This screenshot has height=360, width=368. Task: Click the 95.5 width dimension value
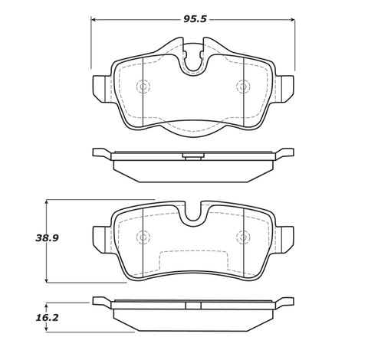click(195, 19)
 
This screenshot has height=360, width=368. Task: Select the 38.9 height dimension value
click(47, 238)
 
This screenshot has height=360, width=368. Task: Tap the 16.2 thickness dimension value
click(47, 318)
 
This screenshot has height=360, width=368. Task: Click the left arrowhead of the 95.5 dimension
click(94, 20)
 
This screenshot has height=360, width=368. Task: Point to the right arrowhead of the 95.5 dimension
click(293, 20)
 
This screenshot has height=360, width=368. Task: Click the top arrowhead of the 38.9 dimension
click(46, 202)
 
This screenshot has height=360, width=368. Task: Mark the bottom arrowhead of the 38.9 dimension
click(46, 280)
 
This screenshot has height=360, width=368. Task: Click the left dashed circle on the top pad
click(143, 87)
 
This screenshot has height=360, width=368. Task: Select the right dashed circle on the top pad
click(243, 87)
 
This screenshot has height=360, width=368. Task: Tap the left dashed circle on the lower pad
click(143, 237)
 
